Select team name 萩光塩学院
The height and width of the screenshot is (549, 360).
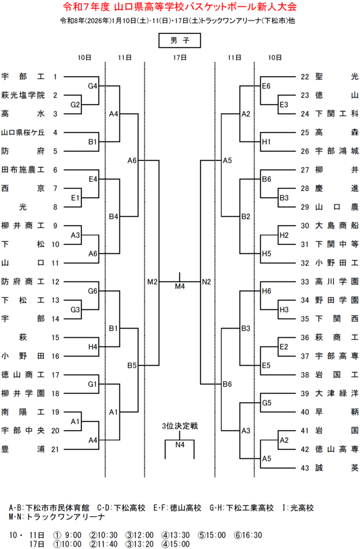23,95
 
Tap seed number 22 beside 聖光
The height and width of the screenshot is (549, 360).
305,77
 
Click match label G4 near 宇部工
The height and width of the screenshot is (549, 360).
93,86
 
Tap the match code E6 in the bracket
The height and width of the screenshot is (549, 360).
266,86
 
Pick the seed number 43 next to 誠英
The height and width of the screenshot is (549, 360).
305,468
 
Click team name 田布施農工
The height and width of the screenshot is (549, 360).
23,170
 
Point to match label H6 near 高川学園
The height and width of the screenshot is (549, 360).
266,291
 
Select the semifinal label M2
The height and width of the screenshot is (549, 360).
152,281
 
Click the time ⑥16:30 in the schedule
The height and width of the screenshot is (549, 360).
249,535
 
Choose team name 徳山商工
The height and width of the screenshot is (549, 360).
23,375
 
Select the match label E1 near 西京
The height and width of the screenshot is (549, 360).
76,198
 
